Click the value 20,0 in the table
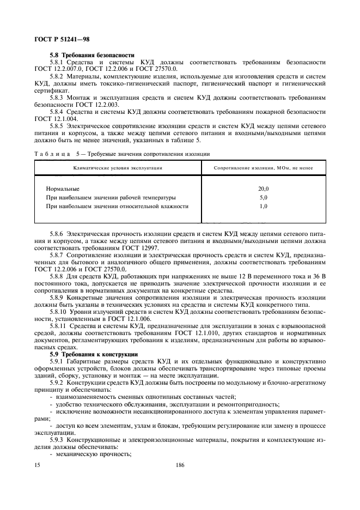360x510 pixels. tap(264, 189)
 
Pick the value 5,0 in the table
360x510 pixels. tap(264, 198)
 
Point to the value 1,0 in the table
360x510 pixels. tap(264, 207)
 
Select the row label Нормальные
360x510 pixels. tap(63, 189)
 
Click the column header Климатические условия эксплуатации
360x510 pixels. tap(118, 168)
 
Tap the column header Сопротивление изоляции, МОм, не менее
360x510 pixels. tap(264, 168)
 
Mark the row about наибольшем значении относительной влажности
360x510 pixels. tap(117, 207)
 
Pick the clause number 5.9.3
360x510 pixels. tap(58, 440)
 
